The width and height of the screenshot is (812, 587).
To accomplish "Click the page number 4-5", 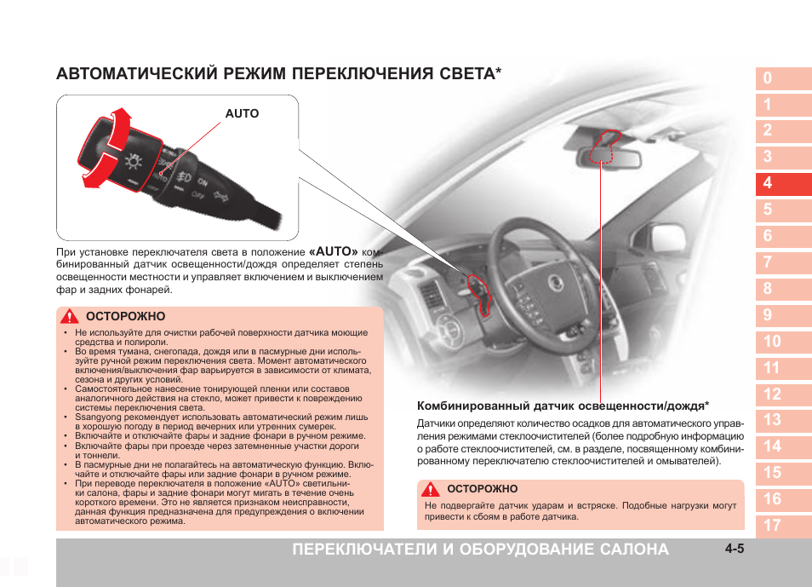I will [x=735, y=549].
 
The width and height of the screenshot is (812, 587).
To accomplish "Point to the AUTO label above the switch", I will [x=242, y=113].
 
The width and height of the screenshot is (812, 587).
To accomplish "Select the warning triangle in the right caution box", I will [x=432, y=489].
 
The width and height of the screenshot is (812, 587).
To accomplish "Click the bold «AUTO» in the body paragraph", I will [x=333, y=252].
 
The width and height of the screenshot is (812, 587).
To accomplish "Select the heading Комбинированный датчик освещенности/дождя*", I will [x=563, y=406].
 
